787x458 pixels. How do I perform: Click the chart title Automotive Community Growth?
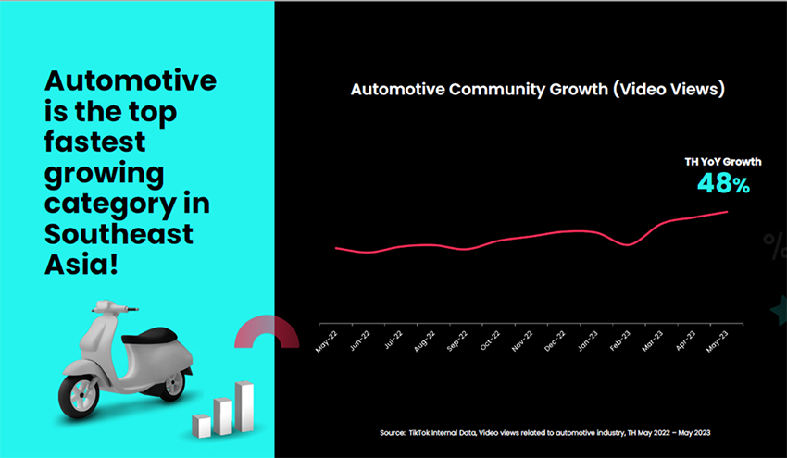point(537,91)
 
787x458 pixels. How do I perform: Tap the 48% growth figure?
point(722,183)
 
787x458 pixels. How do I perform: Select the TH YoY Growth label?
point(723,162)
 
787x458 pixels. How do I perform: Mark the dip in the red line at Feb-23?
point(628,244)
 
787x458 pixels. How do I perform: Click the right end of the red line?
point(727,212)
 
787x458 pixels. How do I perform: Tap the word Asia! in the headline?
point(81,265)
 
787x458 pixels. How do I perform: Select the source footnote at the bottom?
point(544,433)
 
